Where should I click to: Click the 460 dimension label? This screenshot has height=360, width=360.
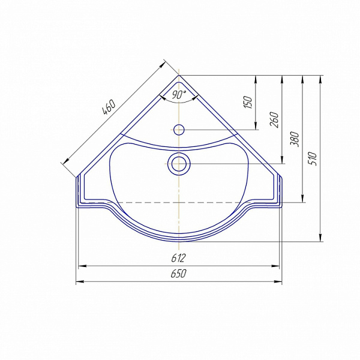[x=109, y=107]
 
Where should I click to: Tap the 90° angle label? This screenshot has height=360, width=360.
[x=179, y=94]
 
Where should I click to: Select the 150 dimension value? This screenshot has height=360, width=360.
[x=248, y=103]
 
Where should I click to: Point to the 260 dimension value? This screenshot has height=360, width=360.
[x=274, y=120]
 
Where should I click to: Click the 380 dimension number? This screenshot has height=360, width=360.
[x=295, y=139]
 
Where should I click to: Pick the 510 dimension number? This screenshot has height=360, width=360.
[x=313, y=158]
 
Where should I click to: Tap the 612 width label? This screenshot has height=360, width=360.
[x=178, y=258]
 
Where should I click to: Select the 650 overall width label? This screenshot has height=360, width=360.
[x=179, y=274]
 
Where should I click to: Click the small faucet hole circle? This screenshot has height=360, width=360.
[x=179, y=130]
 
